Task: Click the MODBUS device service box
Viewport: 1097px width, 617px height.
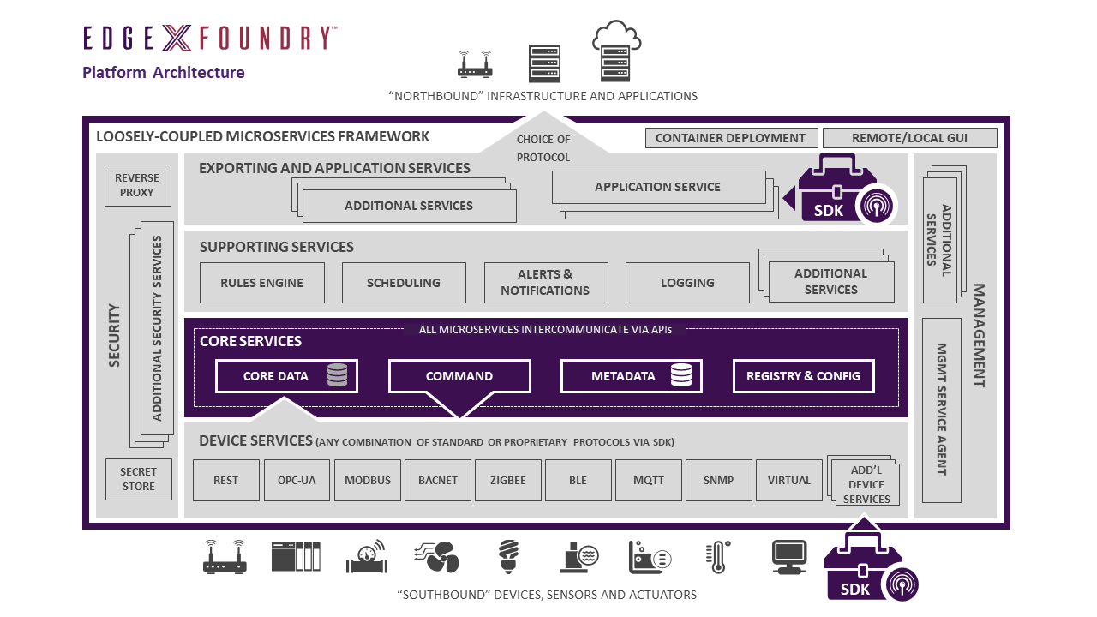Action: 368,481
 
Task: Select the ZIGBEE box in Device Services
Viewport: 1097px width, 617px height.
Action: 508,481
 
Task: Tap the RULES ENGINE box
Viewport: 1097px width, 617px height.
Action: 262,283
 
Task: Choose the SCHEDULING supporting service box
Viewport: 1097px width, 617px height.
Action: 404,283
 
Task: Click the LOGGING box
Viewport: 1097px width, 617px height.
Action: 687,283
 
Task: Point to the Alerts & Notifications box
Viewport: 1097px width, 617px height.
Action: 545,283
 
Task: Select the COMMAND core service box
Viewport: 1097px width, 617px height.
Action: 459,377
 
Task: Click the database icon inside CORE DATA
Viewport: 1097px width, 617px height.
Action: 337,375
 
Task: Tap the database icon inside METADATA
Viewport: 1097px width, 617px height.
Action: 681,375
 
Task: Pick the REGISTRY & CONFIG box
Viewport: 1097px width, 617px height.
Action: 803,376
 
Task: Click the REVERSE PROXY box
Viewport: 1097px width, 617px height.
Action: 137,185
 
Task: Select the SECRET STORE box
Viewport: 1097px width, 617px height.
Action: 138,480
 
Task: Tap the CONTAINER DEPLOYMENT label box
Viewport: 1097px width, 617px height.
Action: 730,138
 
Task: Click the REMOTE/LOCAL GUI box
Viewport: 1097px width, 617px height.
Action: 910,138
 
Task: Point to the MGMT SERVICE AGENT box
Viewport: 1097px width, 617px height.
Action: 940,410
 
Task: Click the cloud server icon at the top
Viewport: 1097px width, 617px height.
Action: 616,51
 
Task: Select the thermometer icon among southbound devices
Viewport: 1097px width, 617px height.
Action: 717,557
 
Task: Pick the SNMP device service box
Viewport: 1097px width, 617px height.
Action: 718,481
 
